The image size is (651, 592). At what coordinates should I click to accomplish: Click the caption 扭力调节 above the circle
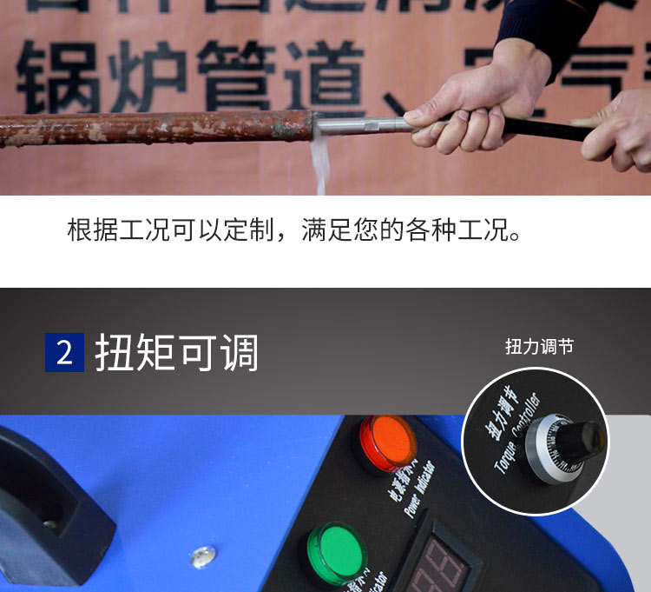[x=539, y=347]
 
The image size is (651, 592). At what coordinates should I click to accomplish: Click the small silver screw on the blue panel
[x=203, y=552]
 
